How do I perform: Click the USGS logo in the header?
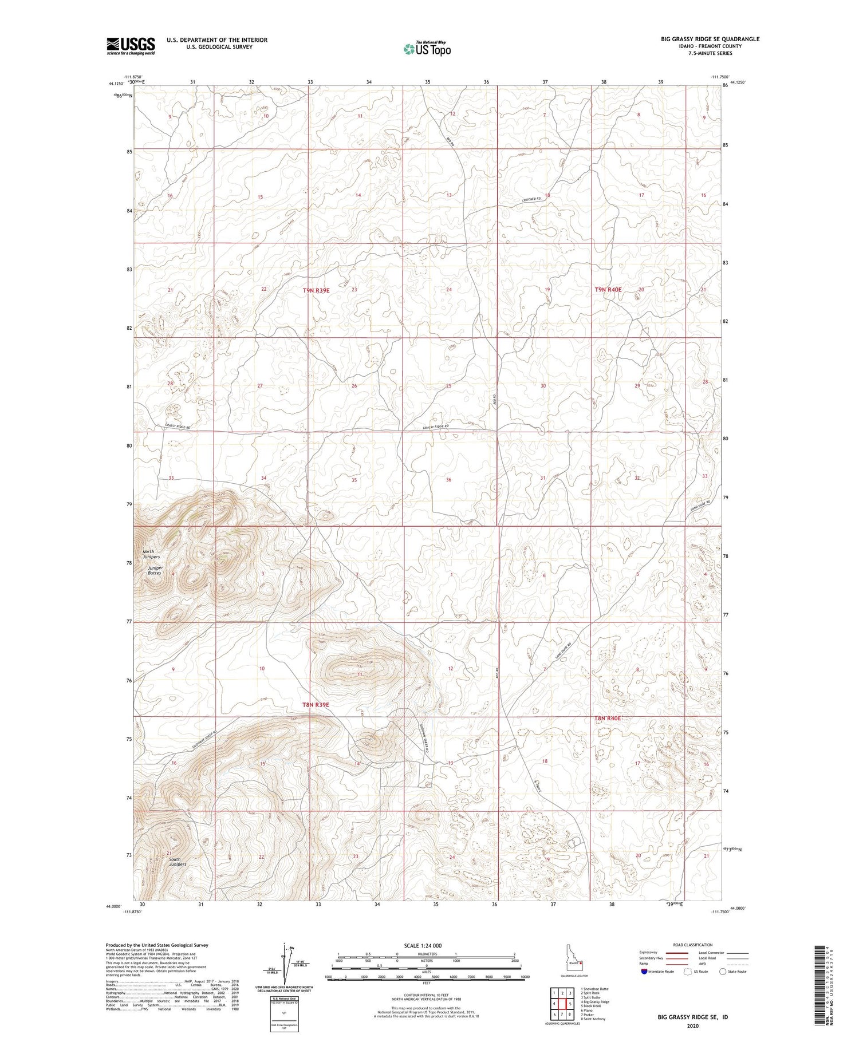(x=131, y=46)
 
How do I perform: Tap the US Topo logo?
(x=427, y=49)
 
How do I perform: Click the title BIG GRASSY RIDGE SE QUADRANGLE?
(x=710, y=39)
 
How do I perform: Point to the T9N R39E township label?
(x=316, y=290)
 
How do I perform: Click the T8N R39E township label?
(x=316, y=705)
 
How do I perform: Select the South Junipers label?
(x=178, y=862)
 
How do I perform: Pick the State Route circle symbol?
(x=723, y=972)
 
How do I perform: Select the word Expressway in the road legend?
(x=650, y=953)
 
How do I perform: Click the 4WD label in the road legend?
(x=703, y=965)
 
